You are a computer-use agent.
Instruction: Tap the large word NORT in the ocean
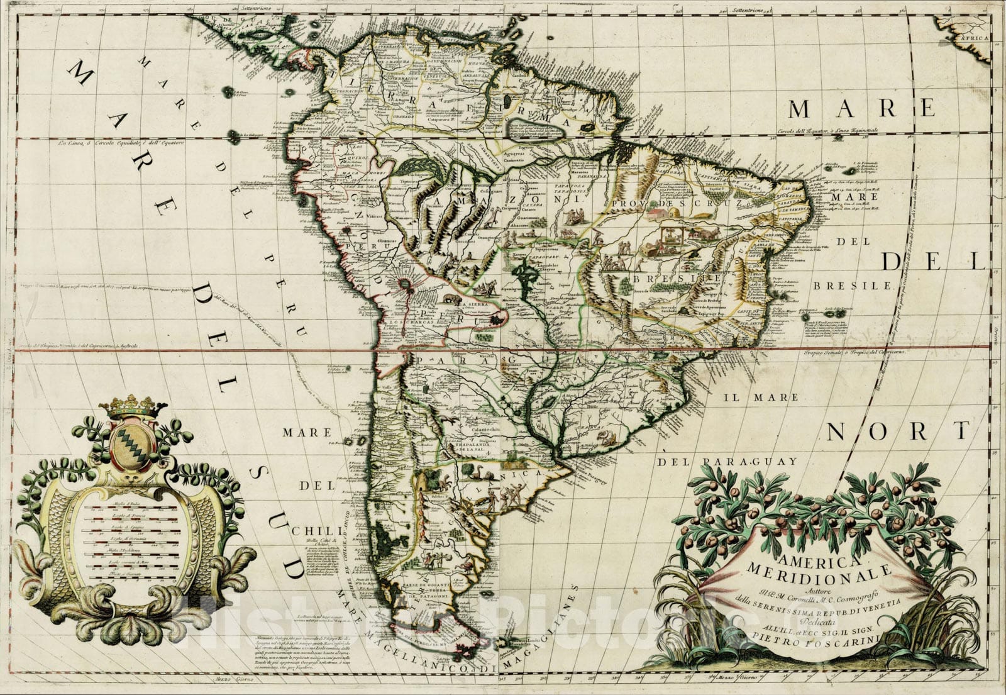point(897,433)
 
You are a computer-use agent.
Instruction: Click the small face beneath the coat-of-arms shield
point(132,478)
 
